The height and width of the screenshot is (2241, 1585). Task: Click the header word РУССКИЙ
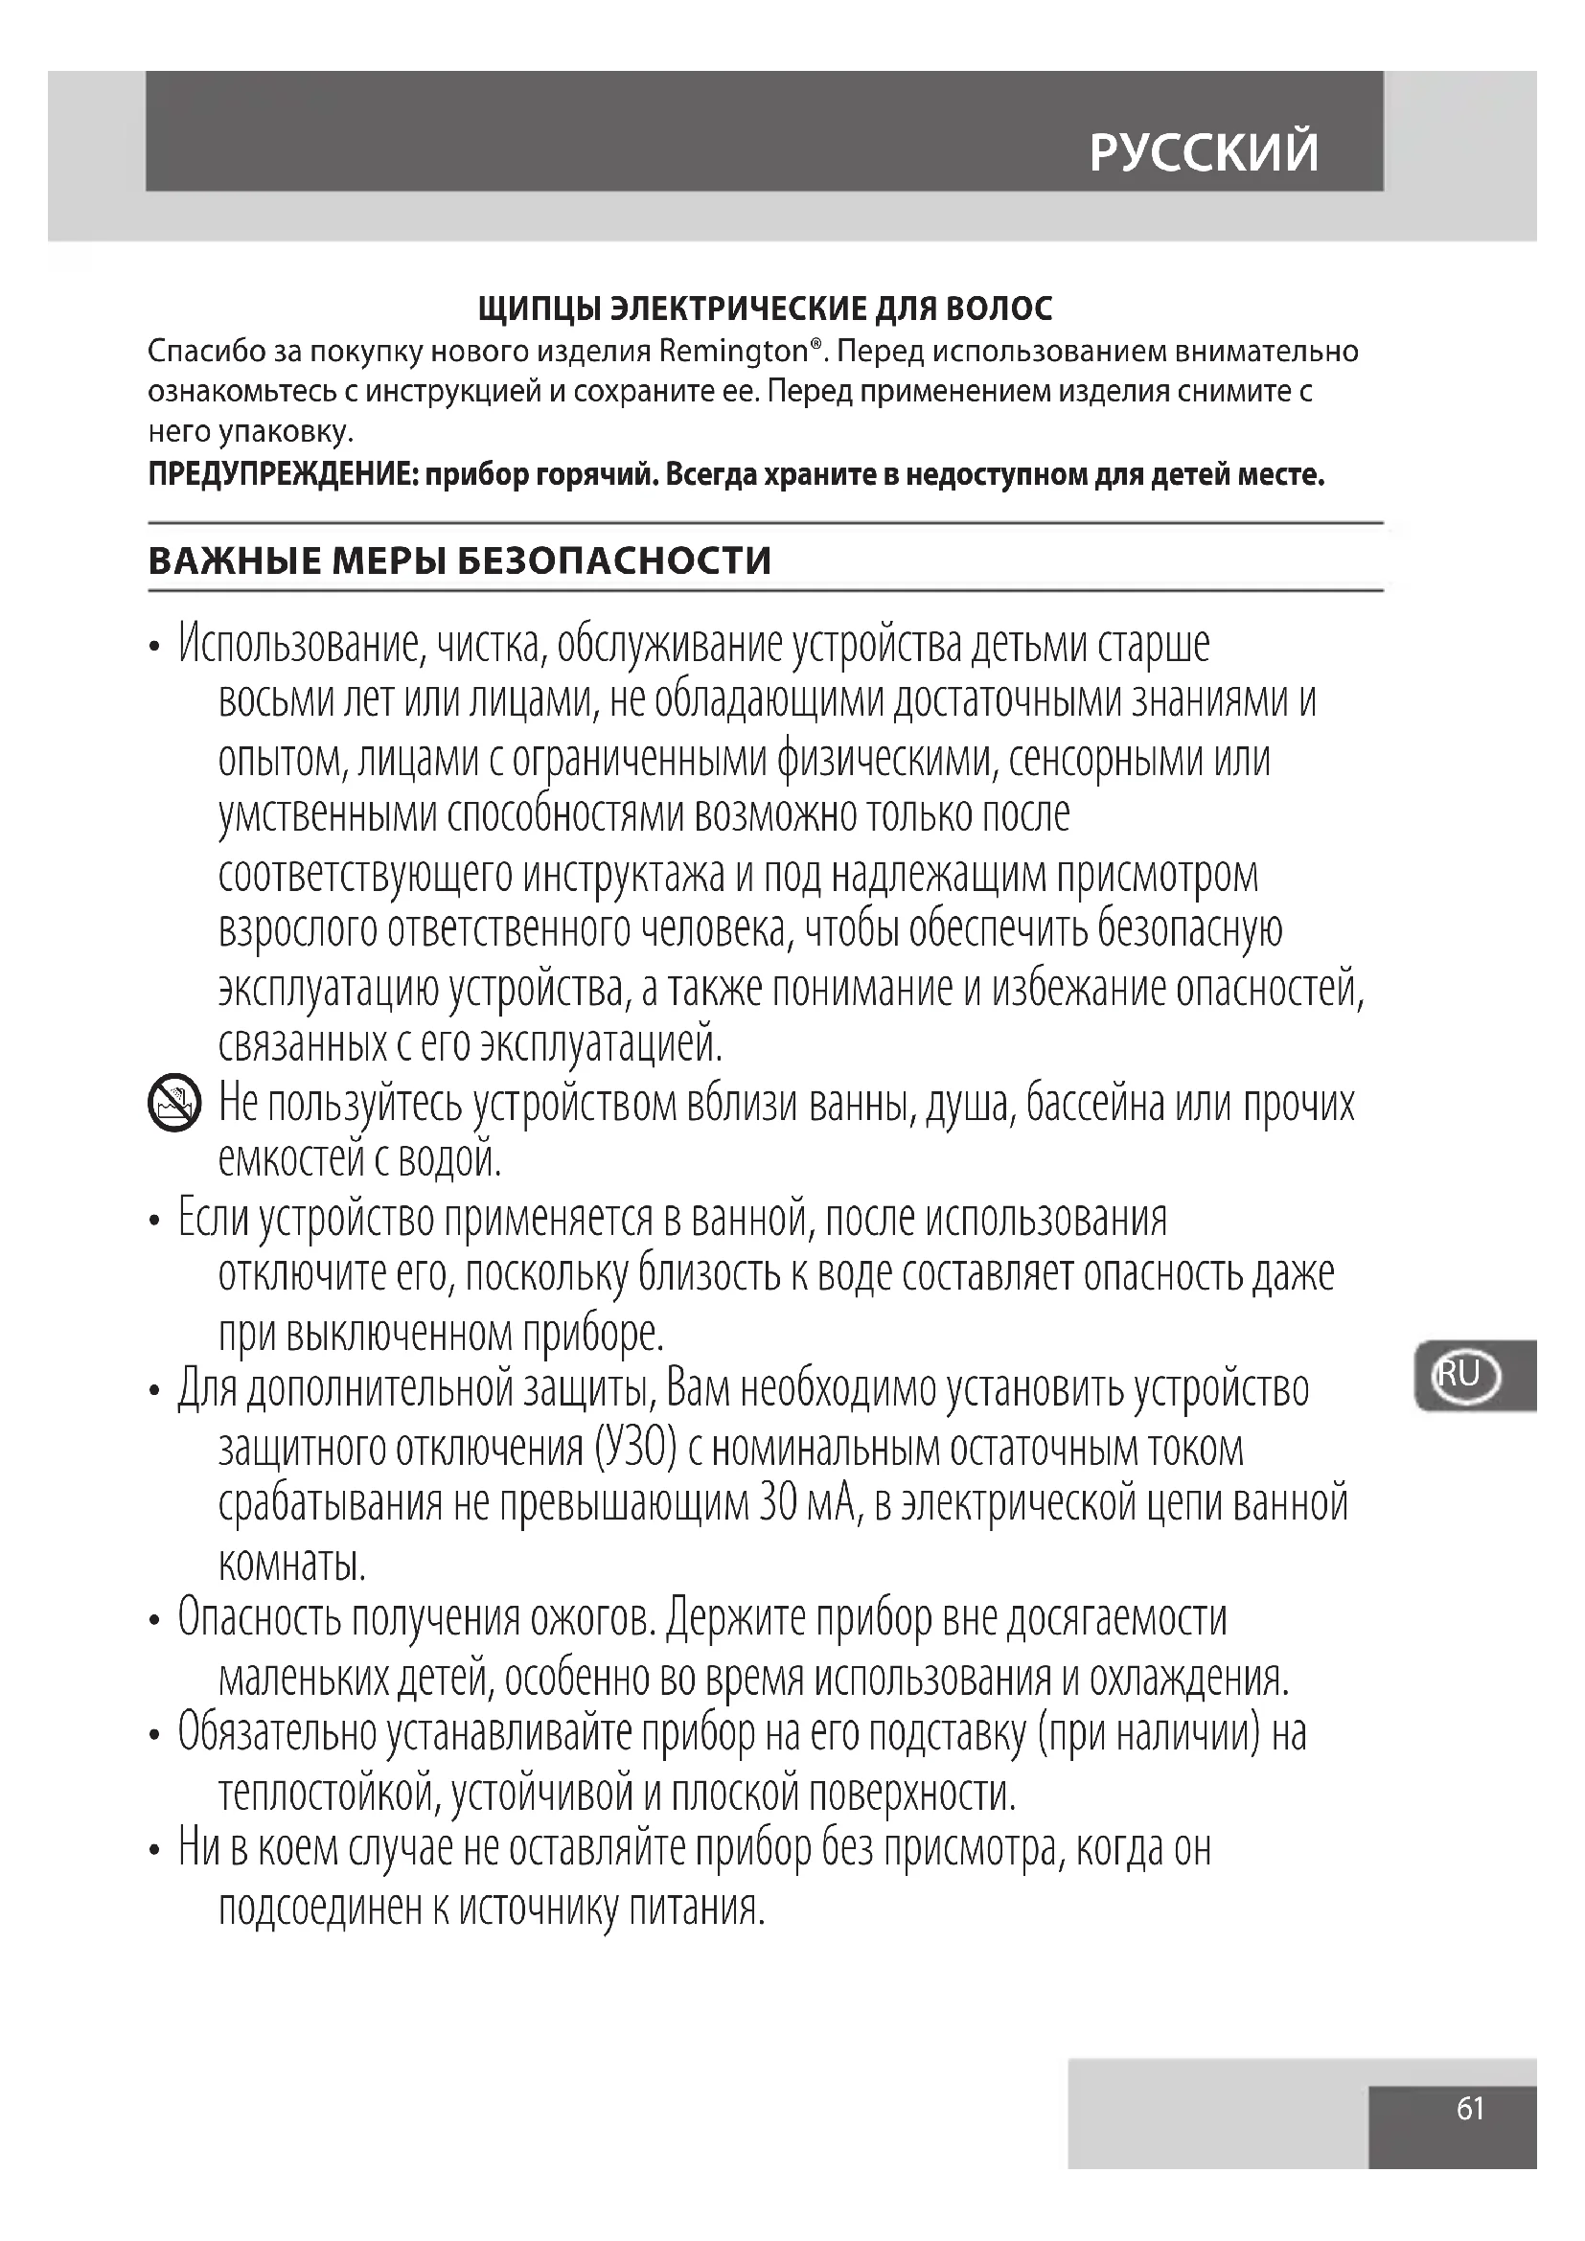pos(1204,152)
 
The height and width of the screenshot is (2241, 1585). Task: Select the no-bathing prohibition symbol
pos(173,1103)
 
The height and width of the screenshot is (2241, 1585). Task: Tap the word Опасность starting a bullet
pos(259,1619)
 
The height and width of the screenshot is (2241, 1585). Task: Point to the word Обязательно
pos(277,1733)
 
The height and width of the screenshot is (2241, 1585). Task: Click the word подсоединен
pos(319,1907)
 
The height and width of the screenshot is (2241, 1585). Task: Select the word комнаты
pos(292,1563)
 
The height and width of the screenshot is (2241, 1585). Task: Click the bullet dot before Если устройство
pos(154,1220)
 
